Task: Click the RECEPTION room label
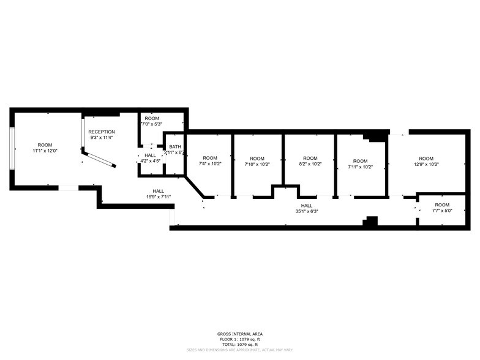click(x=102, y=132)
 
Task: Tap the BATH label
click(x=175, y=146)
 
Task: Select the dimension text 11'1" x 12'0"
click(x=45, y=151)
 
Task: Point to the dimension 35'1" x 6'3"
click(x=307, y=212)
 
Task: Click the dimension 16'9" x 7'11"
click(x=158, y=197)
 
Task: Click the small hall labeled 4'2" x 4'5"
click(x=150, y=158)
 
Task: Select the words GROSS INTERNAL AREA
click(x=240, y=334)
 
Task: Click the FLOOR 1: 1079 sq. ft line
click(x=240, y=339)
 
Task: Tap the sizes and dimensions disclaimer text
click(x=240, y=350)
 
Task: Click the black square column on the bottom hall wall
click(x=369, y=222)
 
